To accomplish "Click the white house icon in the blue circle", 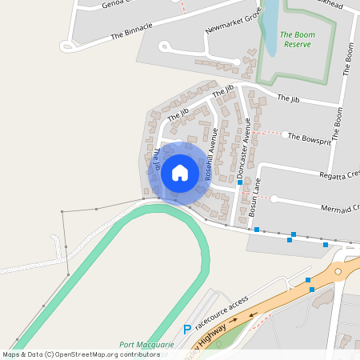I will pos(180,172).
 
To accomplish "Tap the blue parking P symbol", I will pos(187,328).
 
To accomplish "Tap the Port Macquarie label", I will pos(146,345).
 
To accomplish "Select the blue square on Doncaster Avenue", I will pos(240,182).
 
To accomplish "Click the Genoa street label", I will pos(117,4).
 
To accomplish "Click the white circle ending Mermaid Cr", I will pos(274,198).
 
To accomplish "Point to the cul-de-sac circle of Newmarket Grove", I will pos(165,46).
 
